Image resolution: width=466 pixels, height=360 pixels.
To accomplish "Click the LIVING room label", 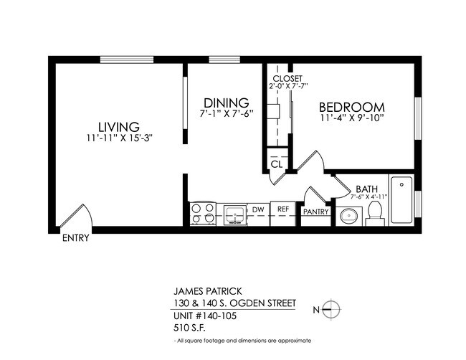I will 118,126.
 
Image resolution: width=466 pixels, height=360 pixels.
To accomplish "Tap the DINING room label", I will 226,103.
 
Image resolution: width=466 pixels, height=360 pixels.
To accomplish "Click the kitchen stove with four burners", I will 203,214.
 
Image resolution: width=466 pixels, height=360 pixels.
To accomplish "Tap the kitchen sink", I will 234,214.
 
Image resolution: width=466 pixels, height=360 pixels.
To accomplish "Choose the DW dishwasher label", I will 258,210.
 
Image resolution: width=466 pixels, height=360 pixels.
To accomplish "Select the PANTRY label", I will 315,212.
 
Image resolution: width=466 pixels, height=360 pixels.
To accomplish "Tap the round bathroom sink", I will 350,214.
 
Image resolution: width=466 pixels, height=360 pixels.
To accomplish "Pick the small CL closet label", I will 277,164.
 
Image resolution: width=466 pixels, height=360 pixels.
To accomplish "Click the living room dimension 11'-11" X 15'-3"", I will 118,138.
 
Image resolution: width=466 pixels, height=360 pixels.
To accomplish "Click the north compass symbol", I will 331,308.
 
